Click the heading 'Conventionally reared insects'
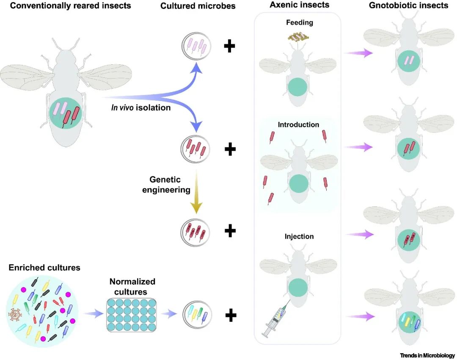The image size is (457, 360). point(66,5)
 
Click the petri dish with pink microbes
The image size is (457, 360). point(195,46)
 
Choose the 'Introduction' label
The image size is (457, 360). point(298,125)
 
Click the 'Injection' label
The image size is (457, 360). point(299,236)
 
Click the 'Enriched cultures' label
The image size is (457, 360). point(44,267)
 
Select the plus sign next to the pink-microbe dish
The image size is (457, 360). point(229,46)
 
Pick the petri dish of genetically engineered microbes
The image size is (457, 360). point(195,232)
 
